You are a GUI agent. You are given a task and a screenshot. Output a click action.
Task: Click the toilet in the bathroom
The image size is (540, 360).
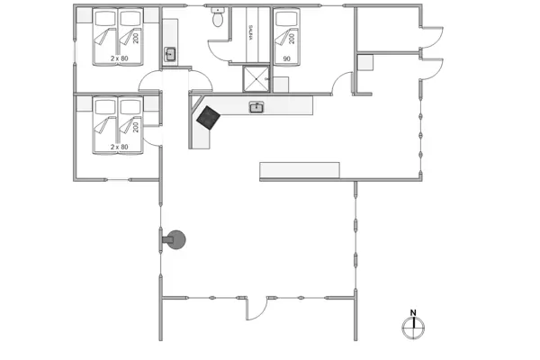pyautogui.click(x=218, y=16)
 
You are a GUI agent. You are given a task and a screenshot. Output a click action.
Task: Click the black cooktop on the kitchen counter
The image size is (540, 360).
pyautogui.click(x=209, y=118)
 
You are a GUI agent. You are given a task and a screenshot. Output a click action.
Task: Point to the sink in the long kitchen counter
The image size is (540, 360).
pyautogui.click(x=256, y=107)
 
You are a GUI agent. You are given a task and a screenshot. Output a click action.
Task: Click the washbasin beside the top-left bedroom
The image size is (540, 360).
pyautogui.click(x=171, y=55)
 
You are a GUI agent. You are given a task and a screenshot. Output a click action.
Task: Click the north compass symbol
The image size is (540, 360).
pyautogui.click(x=413, y=328)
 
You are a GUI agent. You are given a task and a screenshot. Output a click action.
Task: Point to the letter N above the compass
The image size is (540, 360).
pyautogui.click(x=413, y=313)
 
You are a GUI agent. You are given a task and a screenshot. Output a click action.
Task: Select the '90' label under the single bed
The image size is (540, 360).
pyautogui.click(x=287, y=58)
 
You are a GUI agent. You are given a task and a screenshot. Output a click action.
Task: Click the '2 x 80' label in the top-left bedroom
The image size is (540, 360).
pyautogui.click(x=119, y=58)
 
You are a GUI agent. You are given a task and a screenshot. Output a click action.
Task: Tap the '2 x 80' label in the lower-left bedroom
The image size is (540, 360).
pyautogui.click(x=119, y=147)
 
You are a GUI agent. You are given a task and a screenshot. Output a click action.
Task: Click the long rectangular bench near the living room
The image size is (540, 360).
pyautogui.click(x=300, y=170)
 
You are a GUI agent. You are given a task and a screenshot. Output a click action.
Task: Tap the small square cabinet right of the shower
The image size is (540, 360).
pyautogui.click(x=281, y=85)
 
